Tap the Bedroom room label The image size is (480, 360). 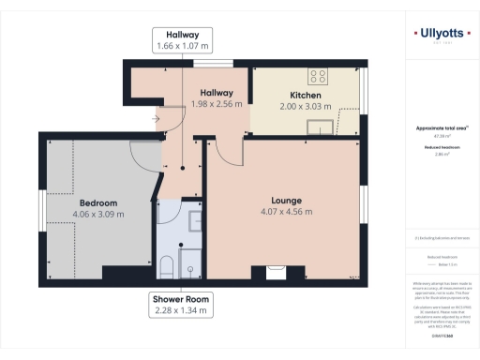pos(97,203)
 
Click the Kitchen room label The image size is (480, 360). pos(307,96)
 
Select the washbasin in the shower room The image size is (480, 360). pos(193,221)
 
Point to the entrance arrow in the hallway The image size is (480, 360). pos(157,119)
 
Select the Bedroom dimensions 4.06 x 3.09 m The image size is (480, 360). pos(97,214)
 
